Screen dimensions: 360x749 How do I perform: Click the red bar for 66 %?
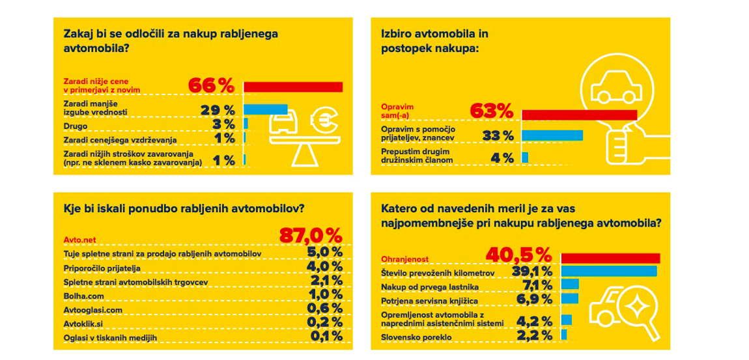click(293, 87)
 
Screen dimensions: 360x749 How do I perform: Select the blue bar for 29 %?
click(266, 109)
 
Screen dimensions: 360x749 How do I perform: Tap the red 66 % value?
click(211, 86)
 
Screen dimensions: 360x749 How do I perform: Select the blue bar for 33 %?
click(552, 135)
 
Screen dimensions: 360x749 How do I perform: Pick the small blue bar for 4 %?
click(525, 157)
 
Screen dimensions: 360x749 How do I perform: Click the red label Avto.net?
click(79, 240)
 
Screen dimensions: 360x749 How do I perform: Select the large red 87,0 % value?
click(311, 236)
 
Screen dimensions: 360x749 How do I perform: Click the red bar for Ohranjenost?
click(611, 258)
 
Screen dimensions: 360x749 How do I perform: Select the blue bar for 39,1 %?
click(609, 271)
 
